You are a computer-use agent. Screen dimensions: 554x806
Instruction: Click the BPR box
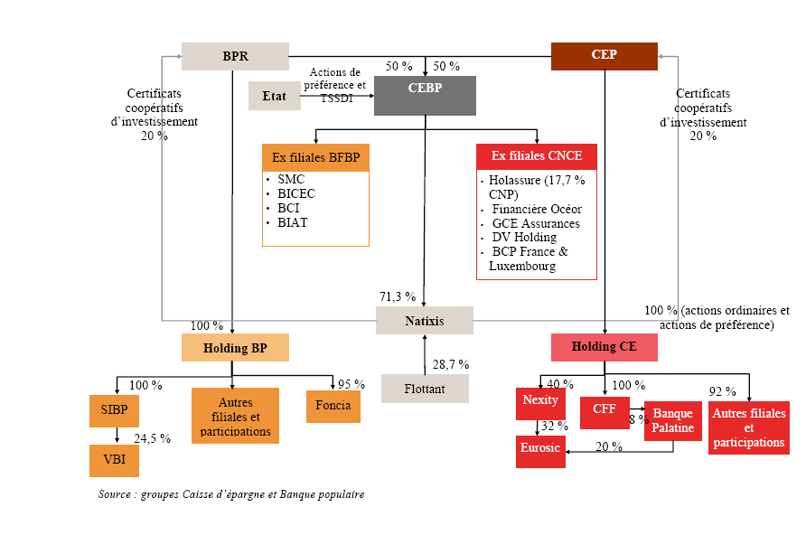click(235, 56)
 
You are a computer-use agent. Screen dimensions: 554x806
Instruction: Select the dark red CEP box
click(604, 55)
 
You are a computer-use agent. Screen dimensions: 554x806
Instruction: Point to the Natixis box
click(425, 321)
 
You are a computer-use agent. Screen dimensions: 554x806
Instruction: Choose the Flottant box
click(425, 389)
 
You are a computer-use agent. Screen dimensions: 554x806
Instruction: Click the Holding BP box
click(235, 348)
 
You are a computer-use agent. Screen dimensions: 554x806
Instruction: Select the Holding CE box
click(604, 348)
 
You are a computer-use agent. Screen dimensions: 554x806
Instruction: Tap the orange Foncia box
click(333, 407)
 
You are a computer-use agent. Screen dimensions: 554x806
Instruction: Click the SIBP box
click(114, 410)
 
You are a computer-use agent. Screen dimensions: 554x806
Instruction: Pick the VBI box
click(114, 461)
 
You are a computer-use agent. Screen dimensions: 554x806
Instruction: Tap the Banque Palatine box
click(672, 421)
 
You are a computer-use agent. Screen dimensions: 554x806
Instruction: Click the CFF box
click(604, 409)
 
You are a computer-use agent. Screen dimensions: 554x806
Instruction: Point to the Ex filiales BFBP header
click(315, 157)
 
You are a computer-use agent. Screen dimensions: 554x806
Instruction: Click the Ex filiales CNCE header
click(537, 156)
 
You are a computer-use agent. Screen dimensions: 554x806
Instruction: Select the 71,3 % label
click(397, 296)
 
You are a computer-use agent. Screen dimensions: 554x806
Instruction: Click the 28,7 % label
click(450, 365)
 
